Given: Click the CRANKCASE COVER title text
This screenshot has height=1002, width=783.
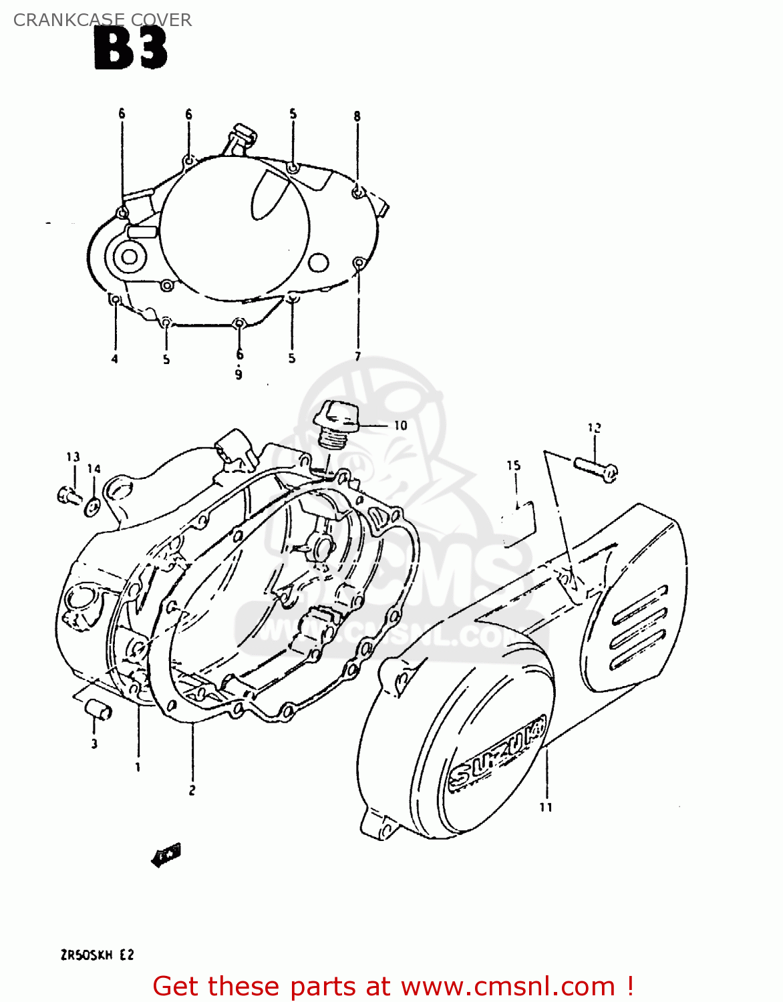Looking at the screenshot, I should (102, 20).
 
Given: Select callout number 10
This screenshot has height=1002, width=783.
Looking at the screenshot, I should (400, 426).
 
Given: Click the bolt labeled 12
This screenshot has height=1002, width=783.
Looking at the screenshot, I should (595, 468).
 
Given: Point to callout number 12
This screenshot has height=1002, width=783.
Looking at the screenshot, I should (594, 428).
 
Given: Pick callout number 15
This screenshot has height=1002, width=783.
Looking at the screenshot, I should (513, 466).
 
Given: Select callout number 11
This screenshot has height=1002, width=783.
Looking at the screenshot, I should (546, 807).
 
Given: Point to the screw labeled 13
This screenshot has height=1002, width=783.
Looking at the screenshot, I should (67, 496).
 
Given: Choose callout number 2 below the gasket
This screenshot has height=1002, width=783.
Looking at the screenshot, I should (192, 790).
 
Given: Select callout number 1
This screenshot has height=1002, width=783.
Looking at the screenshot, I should (138, 767).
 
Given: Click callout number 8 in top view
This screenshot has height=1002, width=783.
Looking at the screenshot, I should (357, 116).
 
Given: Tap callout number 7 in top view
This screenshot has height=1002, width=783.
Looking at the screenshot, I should (357, 356).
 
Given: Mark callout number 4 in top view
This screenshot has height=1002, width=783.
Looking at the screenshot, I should (114, 359).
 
